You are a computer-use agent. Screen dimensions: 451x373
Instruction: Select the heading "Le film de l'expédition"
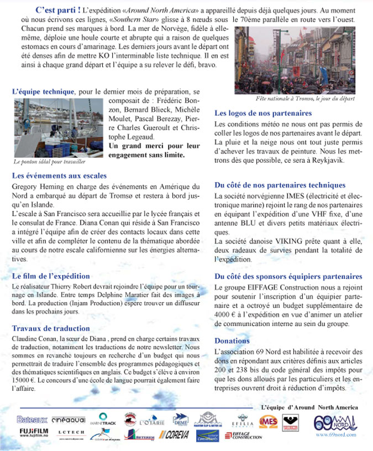(x=51, y=276)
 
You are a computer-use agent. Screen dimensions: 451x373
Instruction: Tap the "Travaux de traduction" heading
(x=50, y=328)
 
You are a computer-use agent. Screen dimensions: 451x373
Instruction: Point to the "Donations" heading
(x=232, y=341)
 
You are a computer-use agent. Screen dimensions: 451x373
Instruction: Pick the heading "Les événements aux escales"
(x=59, y=176)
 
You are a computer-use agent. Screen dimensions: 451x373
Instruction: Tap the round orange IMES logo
(x=269, y=422)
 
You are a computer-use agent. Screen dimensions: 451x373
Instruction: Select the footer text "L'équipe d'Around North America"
(x=309, y=407)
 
